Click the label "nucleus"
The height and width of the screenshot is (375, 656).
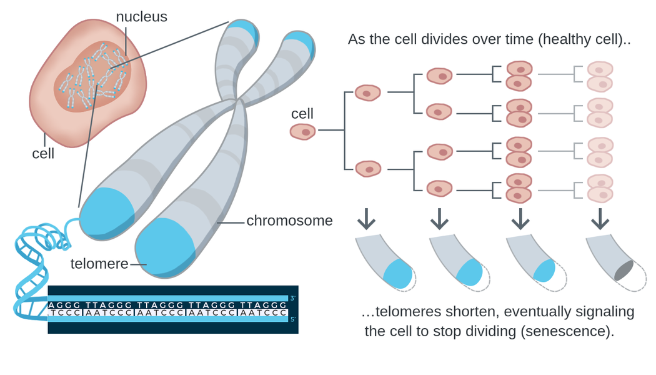tap(141, 17)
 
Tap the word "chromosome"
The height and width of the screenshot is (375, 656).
tap(289, 221)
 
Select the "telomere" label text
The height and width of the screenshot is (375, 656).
tap(99, 264)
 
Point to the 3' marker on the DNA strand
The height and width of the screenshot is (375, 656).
tap(293, 298)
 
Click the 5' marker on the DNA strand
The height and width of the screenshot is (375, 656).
tap(293, 319)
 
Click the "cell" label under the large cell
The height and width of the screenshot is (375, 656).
tap(43, 154)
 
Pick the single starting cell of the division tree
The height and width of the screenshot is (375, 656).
tap(302, 132)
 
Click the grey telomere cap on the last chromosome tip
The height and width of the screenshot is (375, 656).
tap(624, 271)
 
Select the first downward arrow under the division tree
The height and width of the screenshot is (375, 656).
tap(366, 219)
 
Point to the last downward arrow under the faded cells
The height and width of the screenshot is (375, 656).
tap(600, 219)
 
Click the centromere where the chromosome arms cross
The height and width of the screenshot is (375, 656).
tap(237, 101)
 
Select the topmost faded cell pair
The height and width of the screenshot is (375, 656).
tap(600, 76)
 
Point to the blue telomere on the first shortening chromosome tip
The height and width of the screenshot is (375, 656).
tap(398, 274)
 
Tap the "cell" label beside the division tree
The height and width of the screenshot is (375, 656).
tap(302, 113)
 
